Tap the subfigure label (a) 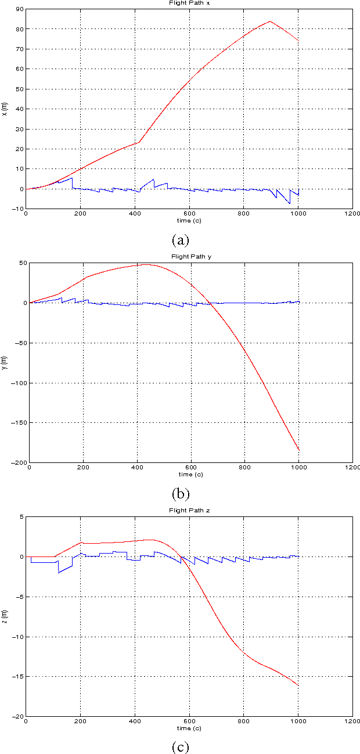coord(180,239)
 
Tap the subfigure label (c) coord(180,746)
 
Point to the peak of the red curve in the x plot coord(270,21)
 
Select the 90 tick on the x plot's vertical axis coord(19,9)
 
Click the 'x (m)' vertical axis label coord(5,109)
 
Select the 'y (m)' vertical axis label coord(5,362)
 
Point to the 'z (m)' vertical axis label coord(5,616)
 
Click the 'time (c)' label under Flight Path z coord(189,728)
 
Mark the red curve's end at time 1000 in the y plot coord(298,450)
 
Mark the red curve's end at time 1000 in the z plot coord(298,686)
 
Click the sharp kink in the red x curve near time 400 coord(139,142)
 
